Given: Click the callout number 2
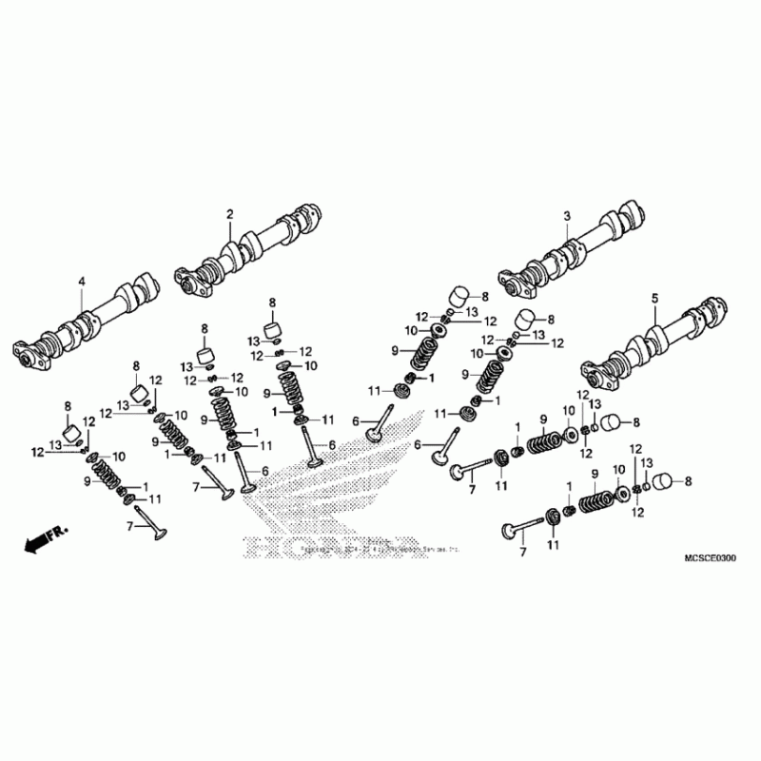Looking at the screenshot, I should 229,214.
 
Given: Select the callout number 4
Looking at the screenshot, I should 82,281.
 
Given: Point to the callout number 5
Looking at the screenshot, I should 654,298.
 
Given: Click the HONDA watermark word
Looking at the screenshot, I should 333,549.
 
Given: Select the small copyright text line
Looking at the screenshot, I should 366,551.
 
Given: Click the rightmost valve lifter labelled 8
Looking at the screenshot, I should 673,482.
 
